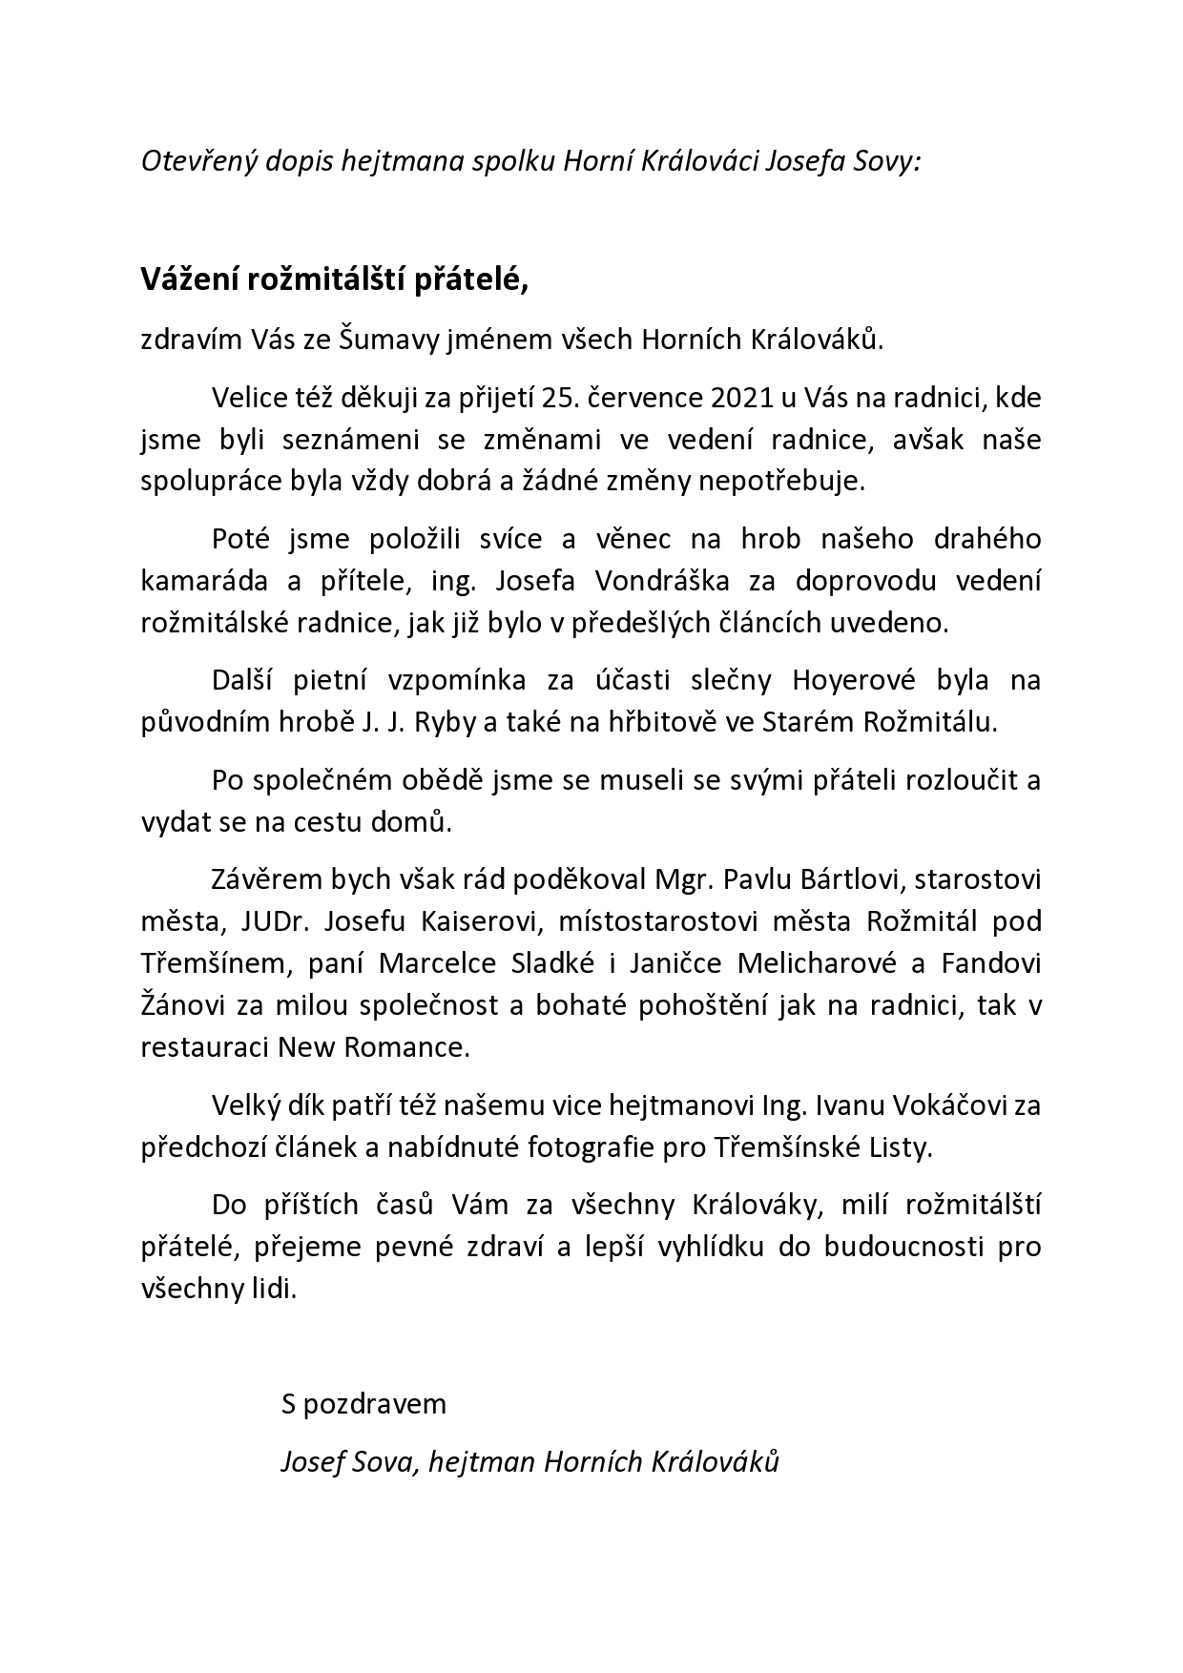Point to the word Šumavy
pos(394,341)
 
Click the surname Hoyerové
pos(858,680)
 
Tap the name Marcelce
pos(437,963)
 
